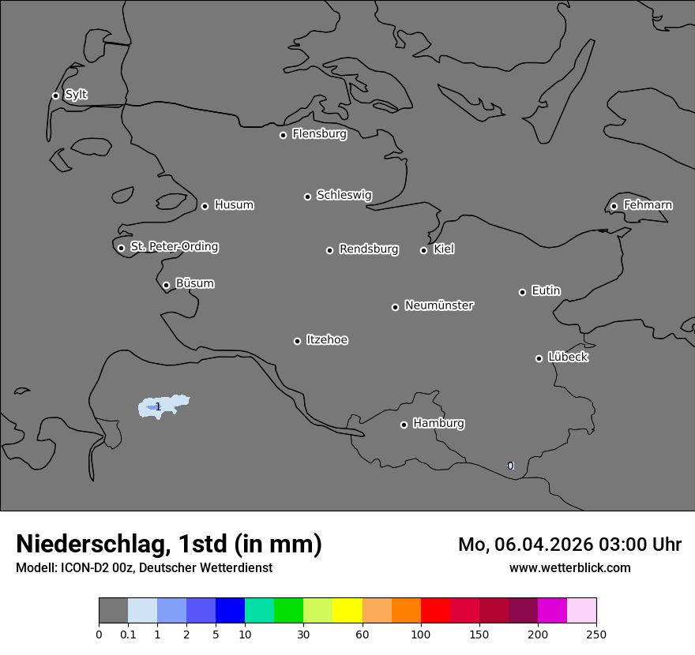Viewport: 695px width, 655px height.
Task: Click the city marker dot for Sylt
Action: [55, 95]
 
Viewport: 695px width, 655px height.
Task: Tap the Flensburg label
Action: [319, 134]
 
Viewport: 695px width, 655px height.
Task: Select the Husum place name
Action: [234, 205]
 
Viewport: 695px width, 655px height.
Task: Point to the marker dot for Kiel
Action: [423, 250]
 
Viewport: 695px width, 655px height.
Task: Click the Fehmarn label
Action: [648, 205]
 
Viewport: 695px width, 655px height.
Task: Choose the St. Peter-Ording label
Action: [174, 247]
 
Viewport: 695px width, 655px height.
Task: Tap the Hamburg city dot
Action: [404, 425]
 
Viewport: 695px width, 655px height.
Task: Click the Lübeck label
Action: [568, 357]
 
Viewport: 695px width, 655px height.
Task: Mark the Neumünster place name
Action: [439, 305]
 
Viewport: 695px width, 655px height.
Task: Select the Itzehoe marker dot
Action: [297, 341]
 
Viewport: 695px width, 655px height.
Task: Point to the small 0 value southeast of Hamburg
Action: [510, 466]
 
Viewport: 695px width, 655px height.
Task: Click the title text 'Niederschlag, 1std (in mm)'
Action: [169, 544]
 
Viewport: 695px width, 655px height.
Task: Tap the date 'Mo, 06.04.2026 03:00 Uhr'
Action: [569, 545]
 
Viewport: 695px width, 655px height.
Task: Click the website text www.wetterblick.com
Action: [569, 567]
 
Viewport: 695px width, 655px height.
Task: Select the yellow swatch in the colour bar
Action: [347, 611]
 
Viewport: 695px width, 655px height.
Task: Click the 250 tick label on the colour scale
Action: [595, 634]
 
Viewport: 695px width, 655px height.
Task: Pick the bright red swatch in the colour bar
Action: [435, 611]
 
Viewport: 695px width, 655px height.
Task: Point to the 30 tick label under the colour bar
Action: [303, 634]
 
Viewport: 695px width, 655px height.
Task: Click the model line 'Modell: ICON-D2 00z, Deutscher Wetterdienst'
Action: [144, 567]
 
